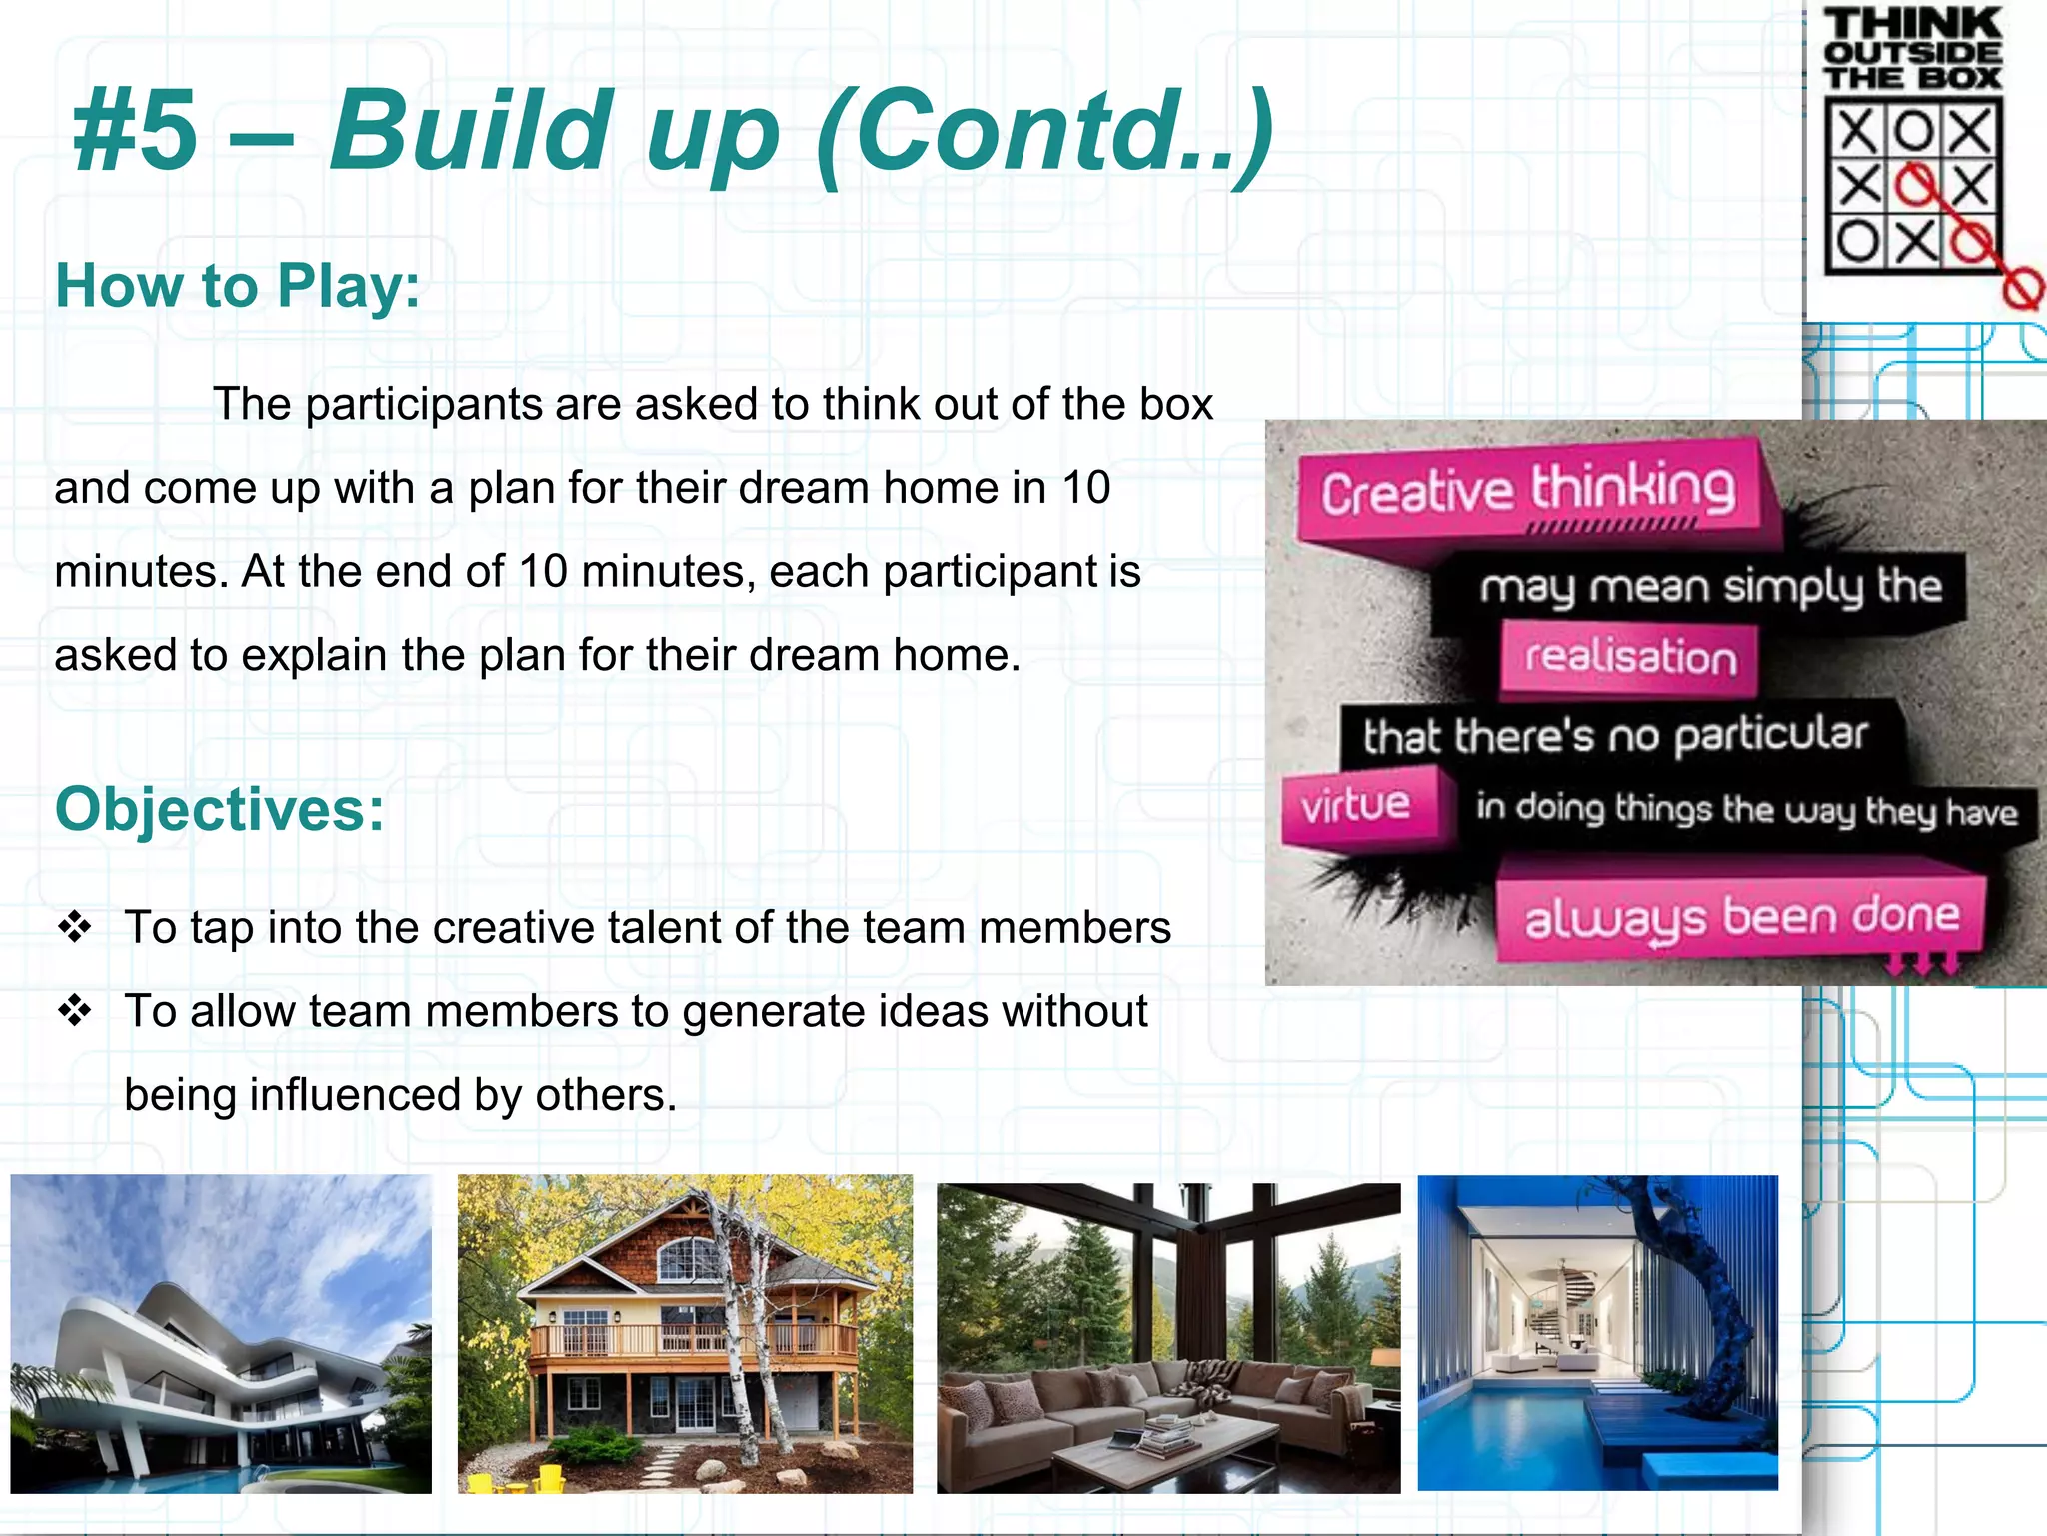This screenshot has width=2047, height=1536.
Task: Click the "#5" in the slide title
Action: point(135,130)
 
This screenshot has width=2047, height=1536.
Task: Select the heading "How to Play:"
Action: point(237,286)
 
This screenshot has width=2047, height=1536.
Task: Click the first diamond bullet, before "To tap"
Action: point(75,927)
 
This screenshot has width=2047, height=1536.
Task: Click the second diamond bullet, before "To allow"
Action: point(75,1011)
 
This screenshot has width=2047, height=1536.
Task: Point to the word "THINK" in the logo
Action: point(1912,23)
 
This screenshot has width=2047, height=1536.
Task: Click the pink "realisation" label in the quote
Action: point(1629,657)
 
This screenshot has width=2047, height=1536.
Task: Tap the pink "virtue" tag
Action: point(1356,805)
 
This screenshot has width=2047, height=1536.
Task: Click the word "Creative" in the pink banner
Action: point(1416,492)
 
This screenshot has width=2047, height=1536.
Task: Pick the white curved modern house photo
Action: point(221,1334)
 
